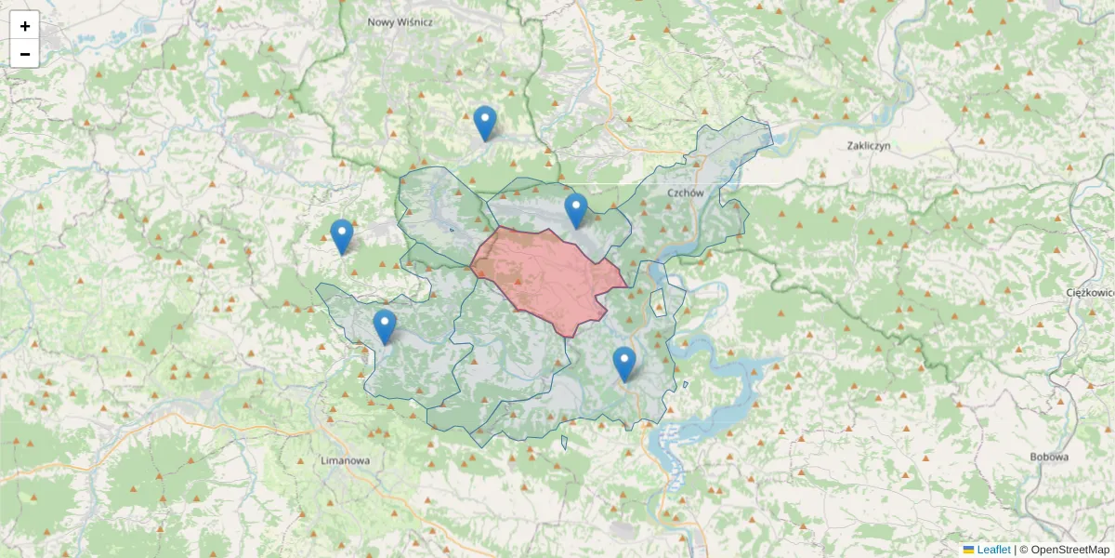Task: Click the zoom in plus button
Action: [25, 26]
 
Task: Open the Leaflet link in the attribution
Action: [993, 550]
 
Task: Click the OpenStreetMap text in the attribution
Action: [1069, 550]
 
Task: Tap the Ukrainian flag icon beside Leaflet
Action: [969, 550]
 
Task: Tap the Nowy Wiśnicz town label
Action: [400, 21]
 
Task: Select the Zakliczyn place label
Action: [869, 146]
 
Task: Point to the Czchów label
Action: [686, 193]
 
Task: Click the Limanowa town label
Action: [345, 460]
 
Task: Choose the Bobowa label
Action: [1049, 457]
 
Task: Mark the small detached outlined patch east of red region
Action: [658, 303]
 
